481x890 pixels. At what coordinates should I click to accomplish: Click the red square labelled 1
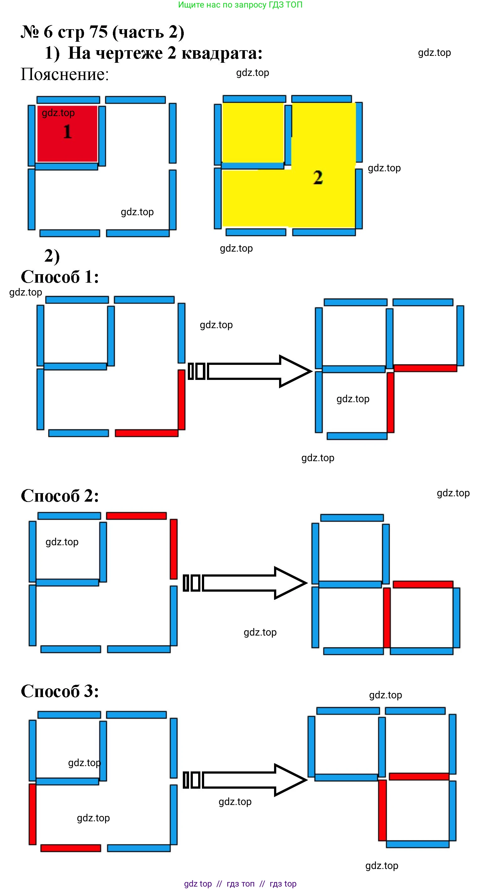67,133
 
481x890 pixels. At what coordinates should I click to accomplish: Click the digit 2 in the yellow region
318,178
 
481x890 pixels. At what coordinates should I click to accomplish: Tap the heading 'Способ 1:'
60,277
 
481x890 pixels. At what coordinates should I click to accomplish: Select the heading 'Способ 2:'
60,496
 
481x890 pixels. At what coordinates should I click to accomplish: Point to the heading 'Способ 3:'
60,691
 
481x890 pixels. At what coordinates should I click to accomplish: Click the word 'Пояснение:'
65,74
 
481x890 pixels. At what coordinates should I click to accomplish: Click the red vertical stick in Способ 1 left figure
181,400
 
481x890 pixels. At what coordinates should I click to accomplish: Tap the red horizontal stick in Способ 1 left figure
146,433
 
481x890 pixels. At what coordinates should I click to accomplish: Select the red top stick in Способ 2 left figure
136,516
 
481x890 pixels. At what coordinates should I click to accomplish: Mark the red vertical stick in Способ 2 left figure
174,549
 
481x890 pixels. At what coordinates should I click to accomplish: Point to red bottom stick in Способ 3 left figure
71,848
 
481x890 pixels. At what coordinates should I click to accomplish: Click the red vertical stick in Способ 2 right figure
387,618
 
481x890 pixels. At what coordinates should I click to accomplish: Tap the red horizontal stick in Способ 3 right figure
419,777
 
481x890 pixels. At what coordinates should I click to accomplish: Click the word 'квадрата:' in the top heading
222,53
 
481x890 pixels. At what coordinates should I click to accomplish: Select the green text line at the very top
240,5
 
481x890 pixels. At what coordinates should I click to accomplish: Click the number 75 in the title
99,32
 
